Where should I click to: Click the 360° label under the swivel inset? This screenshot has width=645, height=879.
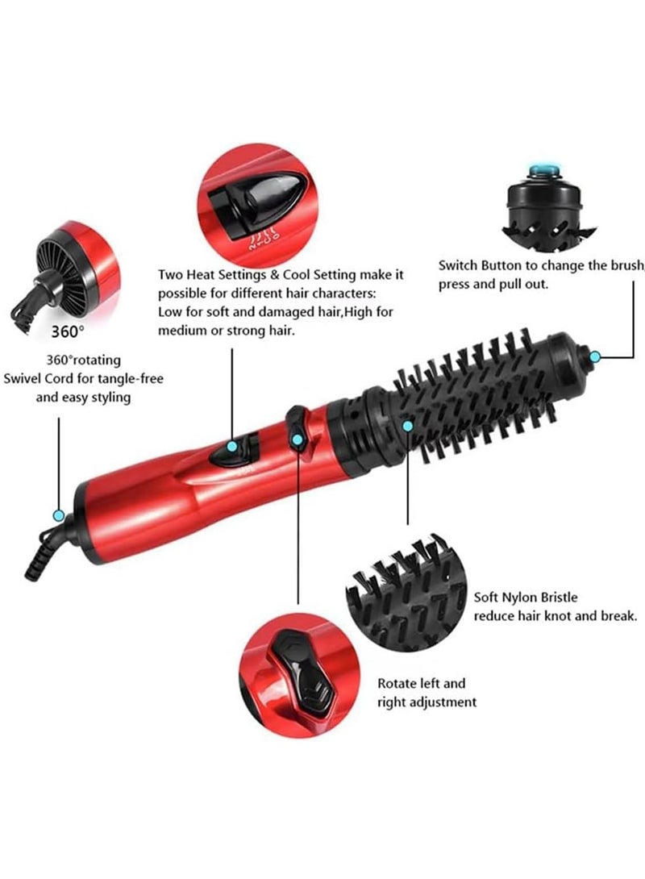[67, 331]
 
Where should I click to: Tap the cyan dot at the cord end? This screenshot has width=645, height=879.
[58, 514]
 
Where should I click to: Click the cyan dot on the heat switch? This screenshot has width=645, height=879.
[232, 446]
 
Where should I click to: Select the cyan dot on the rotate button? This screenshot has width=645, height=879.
[298, 440]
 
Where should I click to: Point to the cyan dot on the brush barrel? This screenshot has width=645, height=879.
[408, 424]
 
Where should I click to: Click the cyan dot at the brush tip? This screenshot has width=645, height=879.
[595, 356]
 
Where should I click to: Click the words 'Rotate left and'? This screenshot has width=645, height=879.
[422, 683]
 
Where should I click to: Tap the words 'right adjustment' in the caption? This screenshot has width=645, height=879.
[427, 702]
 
